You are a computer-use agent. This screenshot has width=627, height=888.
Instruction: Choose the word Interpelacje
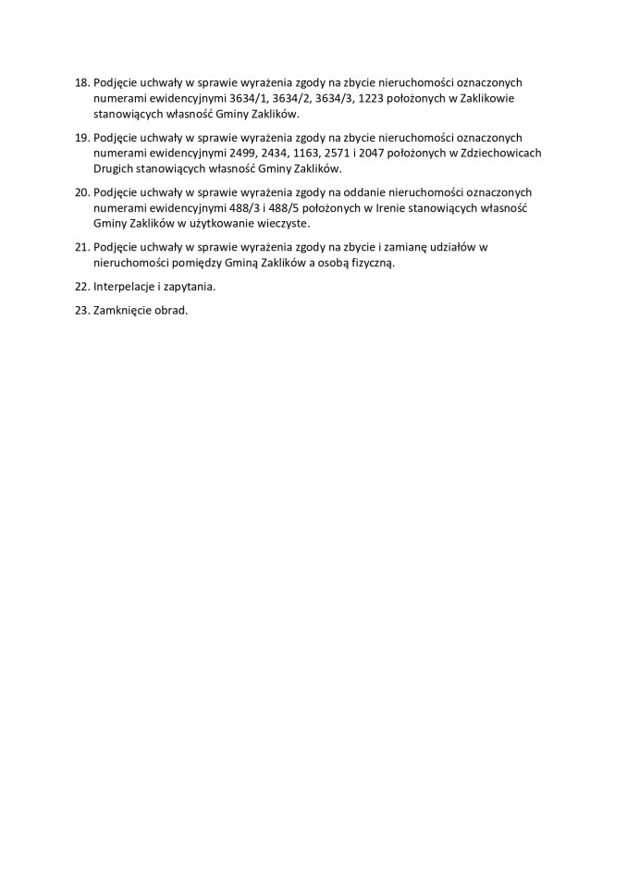127,287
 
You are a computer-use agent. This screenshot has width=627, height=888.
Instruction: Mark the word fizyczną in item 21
369,263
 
